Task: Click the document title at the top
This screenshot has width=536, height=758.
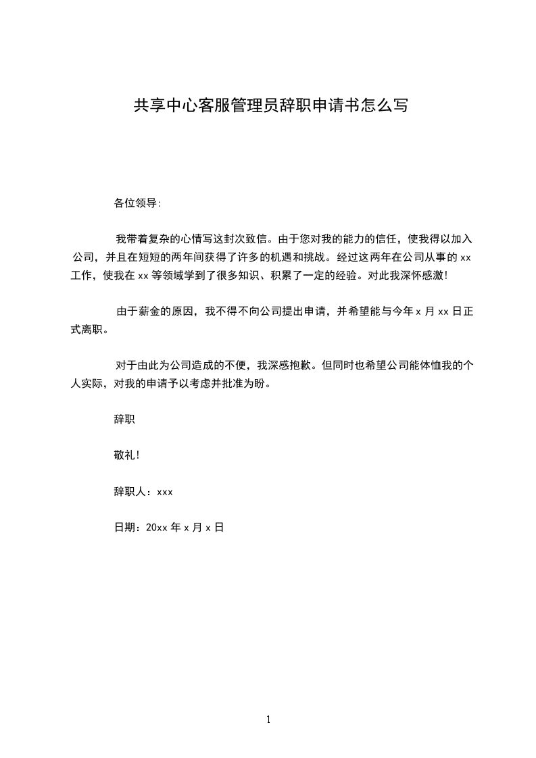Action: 271,106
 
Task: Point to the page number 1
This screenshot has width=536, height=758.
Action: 268,719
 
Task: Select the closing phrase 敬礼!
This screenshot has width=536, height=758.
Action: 126,455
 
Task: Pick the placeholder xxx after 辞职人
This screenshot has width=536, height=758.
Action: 165,492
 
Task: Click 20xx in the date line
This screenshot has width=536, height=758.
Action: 157,528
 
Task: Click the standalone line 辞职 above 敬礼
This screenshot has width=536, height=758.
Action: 124,420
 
